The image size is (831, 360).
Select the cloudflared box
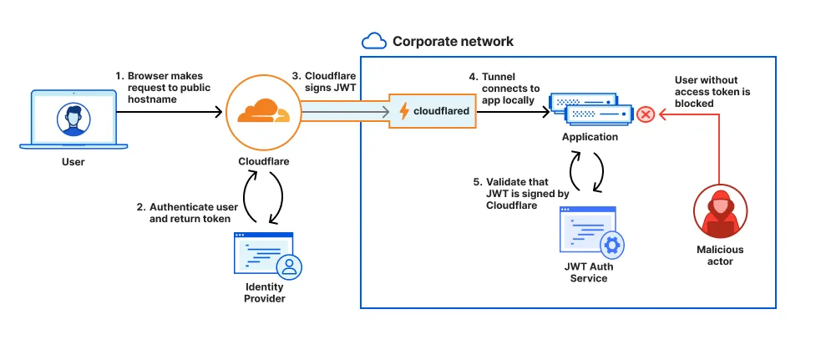point(433,111)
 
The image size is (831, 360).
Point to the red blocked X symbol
point(645,114)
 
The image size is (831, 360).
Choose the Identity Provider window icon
point(266,256)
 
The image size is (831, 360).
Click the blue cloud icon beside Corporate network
point(373,41)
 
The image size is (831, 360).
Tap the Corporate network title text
point(453,41)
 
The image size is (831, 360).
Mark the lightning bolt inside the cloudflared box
point(404,111)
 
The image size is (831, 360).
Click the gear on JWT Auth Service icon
point(613,245)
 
